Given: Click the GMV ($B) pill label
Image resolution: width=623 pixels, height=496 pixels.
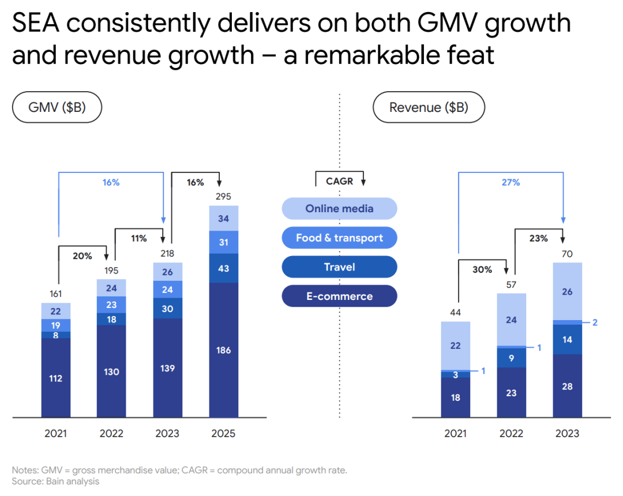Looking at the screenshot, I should point(57,107).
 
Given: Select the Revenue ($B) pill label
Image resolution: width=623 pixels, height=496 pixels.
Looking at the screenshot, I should point(429,107).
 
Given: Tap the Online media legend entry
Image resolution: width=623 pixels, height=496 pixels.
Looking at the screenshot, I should point(339,209).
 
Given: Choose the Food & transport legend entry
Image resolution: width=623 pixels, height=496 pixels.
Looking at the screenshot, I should point(339,238).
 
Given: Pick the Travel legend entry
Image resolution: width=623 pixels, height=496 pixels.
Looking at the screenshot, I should point(339,267).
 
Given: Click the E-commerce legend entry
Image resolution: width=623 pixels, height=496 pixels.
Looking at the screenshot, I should point(339,296).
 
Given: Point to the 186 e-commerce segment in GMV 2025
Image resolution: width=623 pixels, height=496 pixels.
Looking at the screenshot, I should point(223,350).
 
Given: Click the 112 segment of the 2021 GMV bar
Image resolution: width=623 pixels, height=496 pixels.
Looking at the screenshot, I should point(55,378).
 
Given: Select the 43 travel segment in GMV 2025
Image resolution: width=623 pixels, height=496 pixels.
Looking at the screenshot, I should point(223,268).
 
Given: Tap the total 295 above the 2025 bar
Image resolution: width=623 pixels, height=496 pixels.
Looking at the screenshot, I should point(223,197).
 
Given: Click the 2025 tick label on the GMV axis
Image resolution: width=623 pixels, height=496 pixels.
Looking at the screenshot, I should point(223,434).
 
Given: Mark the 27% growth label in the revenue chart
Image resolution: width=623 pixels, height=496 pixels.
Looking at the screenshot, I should point(511,182).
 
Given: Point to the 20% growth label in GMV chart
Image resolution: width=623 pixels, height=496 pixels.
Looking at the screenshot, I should point(82,256).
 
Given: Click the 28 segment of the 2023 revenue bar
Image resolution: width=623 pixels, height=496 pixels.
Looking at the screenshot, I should point(567,386).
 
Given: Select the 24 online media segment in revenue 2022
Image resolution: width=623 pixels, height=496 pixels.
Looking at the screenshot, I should point(511,320).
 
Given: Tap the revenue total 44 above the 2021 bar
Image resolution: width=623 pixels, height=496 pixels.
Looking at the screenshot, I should point(455,312).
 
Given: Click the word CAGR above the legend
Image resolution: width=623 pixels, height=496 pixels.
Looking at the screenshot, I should point(339,181).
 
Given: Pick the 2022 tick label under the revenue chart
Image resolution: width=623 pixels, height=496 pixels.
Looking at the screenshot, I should point(511,434).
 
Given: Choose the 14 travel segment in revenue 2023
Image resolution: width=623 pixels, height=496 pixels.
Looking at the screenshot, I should point(567,340).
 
